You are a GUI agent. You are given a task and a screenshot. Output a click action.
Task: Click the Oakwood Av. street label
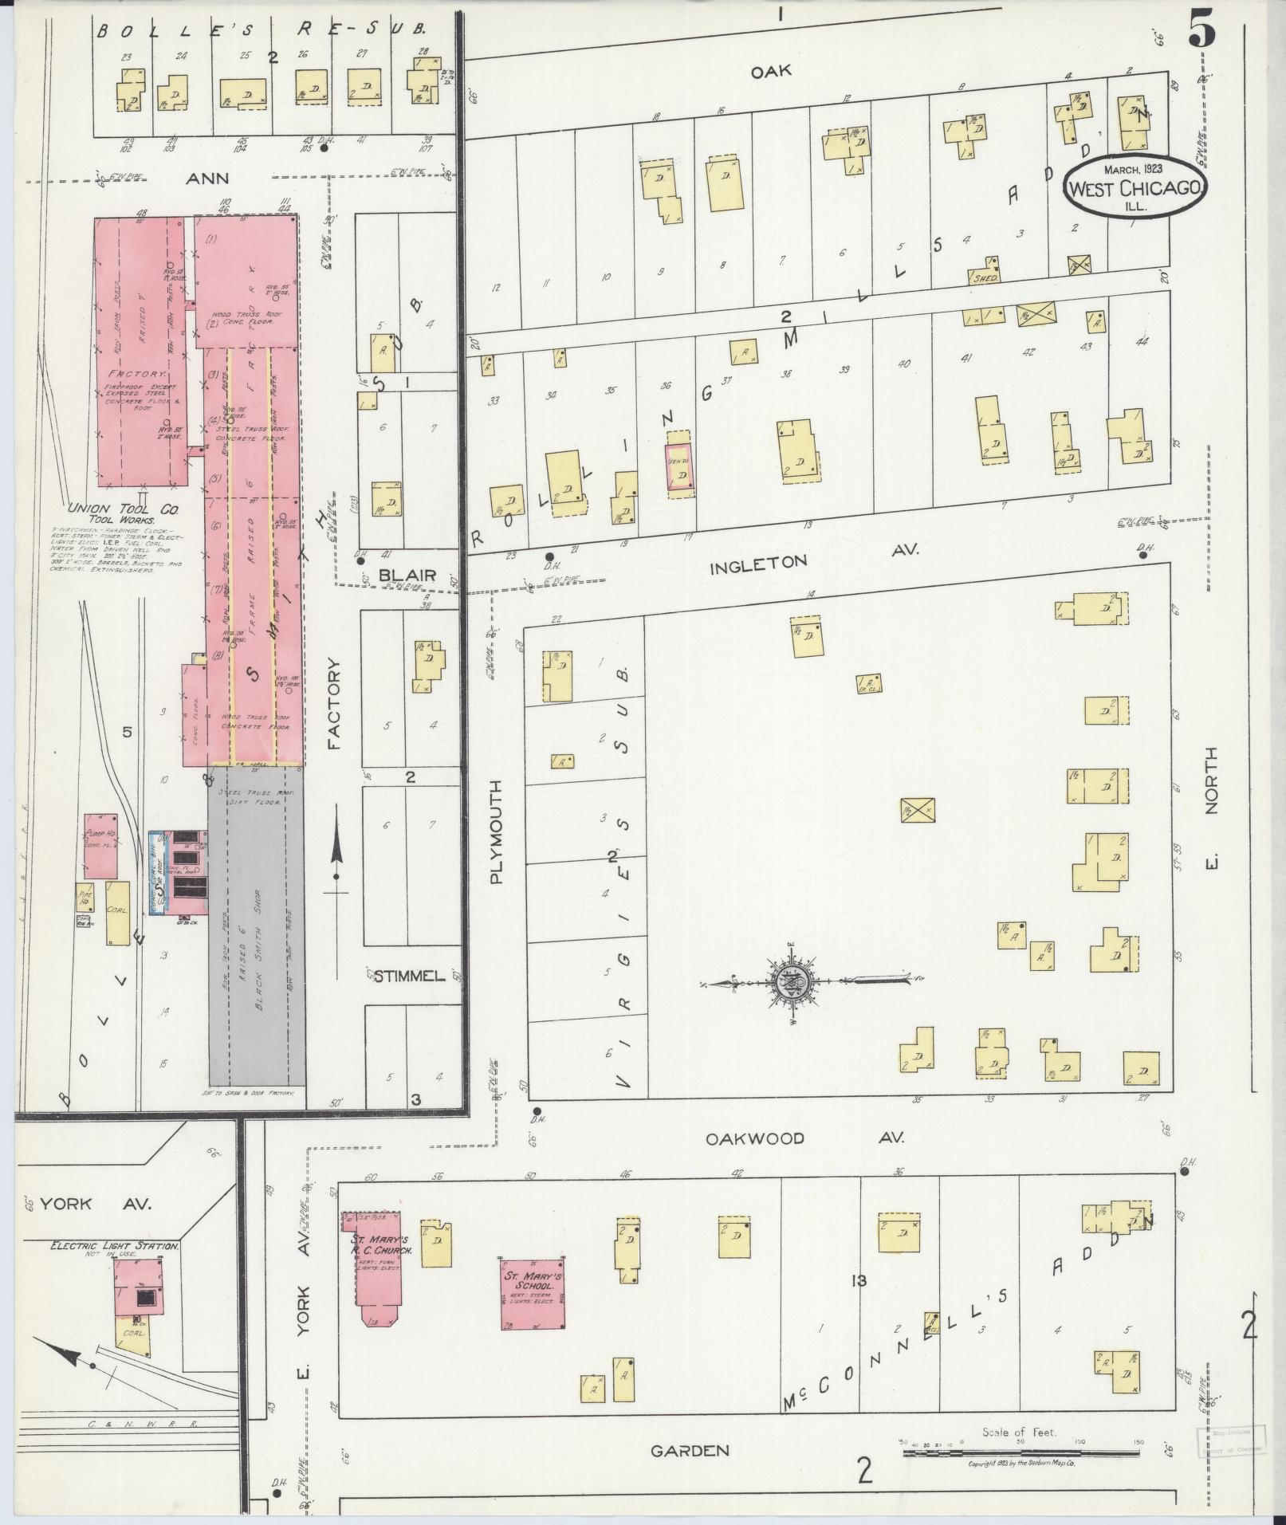(x=804, y=1138)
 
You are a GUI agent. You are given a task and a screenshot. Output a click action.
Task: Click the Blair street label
(x=407, y=575)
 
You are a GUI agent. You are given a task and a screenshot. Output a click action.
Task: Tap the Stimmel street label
(x=408, y=976)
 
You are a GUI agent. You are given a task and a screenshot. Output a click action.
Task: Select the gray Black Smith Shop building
(x=257, y=925)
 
